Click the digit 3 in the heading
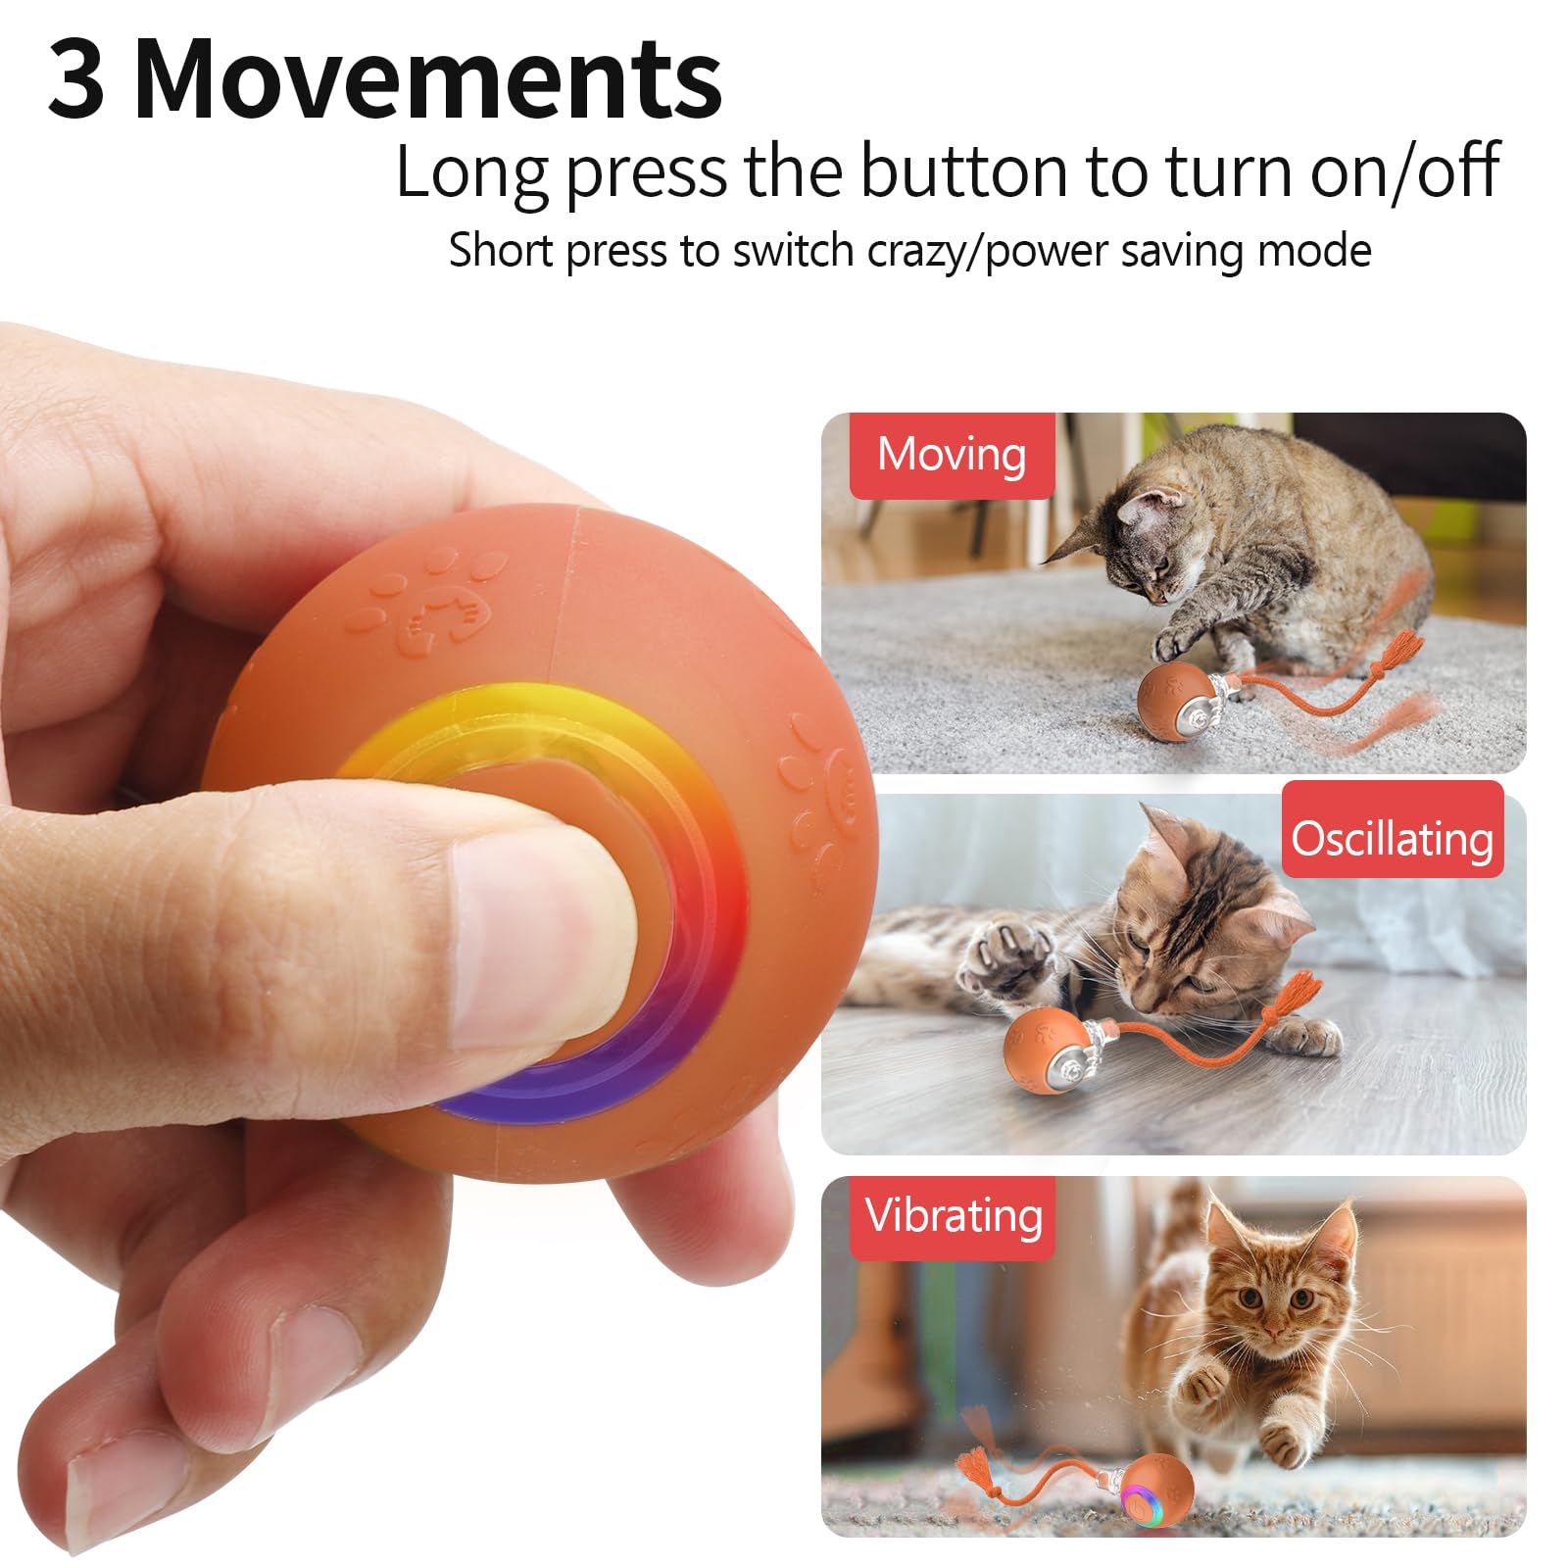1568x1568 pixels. (76, 78)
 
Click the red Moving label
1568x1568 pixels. (951, 455)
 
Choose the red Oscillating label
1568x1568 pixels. (1392, 838)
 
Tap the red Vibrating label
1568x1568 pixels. (953, 1216)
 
